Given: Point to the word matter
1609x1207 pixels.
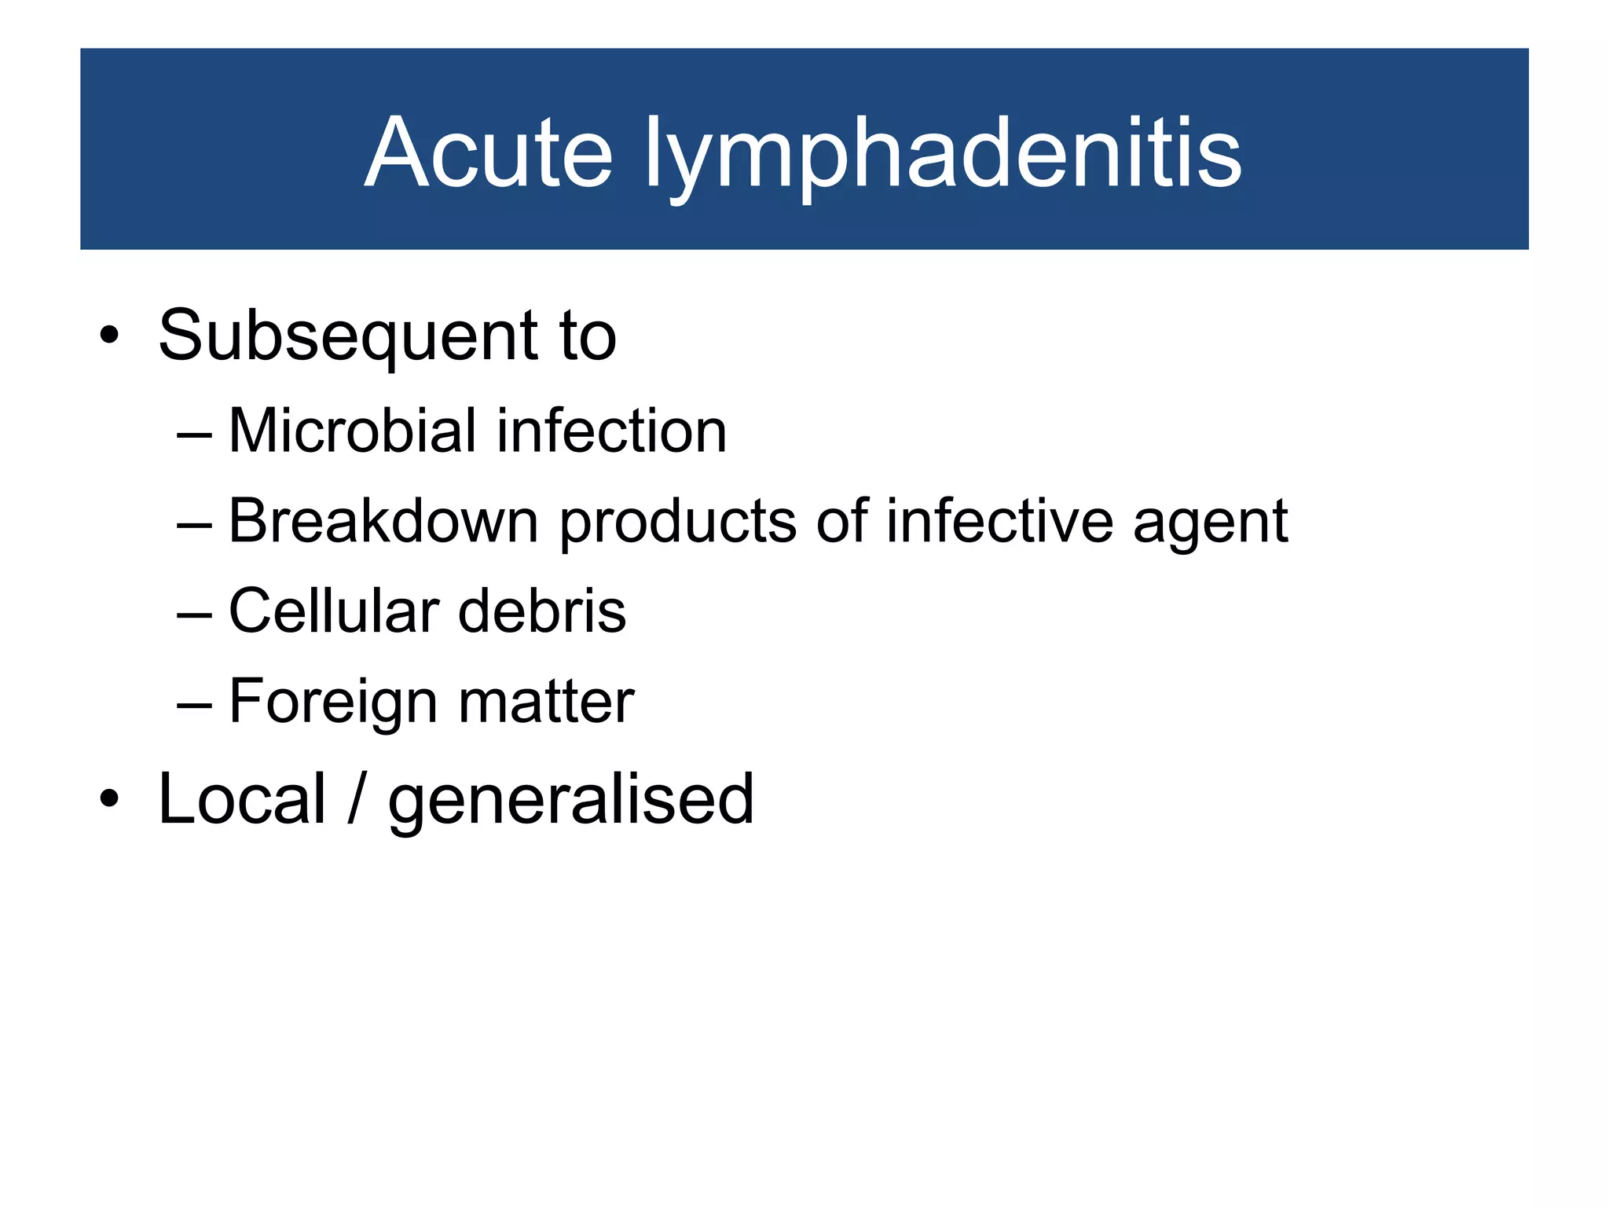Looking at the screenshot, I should click(546, 702).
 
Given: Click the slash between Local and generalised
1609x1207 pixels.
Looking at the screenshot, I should click(357, 799).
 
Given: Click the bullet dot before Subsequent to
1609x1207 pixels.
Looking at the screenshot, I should click(109, 336).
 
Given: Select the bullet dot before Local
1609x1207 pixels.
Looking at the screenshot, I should click(109, 800).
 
